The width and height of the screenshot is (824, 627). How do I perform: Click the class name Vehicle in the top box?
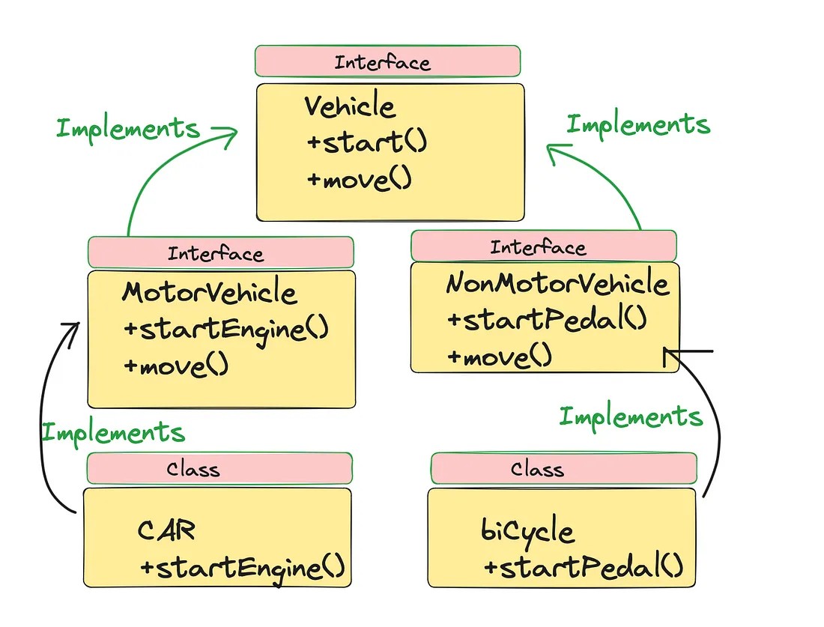[x=349, y=106]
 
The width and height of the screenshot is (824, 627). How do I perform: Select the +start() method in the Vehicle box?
[x=366, y=142]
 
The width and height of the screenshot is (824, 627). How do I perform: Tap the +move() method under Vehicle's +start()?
[x=359, y=180]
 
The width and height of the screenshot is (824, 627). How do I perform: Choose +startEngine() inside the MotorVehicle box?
[x=225, y=329]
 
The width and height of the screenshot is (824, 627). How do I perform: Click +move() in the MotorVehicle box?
[x=176, y=366]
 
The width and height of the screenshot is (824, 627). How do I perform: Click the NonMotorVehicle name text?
[x=557, y=284]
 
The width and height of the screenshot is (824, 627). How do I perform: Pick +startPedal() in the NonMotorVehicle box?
[x=546, y=320]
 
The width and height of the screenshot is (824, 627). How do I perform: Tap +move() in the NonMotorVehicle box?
[x=499, y=357]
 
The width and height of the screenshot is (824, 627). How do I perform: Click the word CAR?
[x=166, y=530]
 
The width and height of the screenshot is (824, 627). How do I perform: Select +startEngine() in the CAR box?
[x=242, y=567]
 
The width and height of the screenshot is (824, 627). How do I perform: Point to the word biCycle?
[x=527, y=531]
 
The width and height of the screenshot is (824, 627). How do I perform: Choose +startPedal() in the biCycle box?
[x=584, y=567]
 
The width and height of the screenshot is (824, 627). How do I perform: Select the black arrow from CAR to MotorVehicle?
[x=49, y=419]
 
